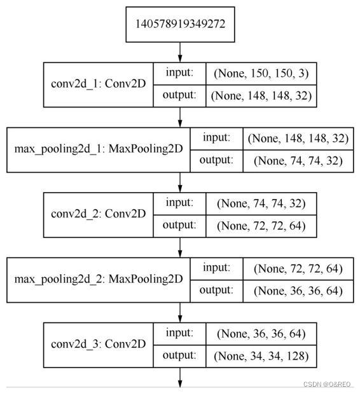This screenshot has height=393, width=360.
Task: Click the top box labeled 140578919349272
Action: click(x=180, y=25)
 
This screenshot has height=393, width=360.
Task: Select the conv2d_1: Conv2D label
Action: click(x=98, y=84)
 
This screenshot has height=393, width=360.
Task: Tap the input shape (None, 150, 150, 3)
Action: click(x=261, y=73)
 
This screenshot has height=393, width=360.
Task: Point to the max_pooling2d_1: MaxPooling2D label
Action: click(x=98, y=149)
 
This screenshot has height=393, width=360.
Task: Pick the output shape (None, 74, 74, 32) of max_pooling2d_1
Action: click(x=298, y=160)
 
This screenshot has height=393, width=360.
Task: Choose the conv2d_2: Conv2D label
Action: click(x=98, y=214)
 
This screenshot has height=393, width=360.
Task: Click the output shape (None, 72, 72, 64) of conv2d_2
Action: click(x=261, y=225)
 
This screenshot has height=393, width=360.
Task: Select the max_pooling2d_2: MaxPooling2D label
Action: click(x=98, y=279)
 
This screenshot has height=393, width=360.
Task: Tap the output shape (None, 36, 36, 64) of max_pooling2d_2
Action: click(x=298, y=291)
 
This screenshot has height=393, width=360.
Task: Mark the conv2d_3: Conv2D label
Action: click(x=98, y=344)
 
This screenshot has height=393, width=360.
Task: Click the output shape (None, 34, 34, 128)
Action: click(x=261, y=356)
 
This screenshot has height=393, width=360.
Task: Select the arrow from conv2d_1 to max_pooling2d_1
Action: click(x=180, y=117)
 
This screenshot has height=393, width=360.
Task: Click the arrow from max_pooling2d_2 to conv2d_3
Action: click(x=180, y=312)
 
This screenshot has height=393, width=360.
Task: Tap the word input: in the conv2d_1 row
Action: click(x=180, y=72)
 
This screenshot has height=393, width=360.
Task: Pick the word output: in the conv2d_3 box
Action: click(x=180, y=355)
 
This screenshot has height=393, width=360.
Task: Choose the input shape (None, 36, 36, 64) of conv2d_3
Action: click(x=261, y=333)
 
